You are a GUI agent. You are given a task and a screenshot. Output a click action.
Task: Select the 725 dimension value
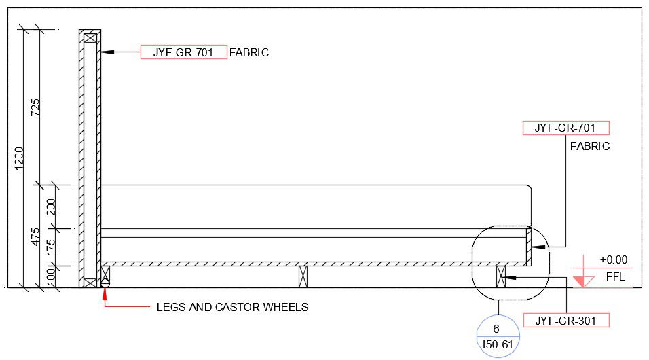[35, 107]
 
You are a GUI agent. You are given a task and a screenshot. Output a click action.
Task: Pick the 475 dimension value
[35, 236]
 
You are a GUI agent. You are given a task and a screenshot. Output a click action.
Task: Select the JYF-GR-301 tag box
[565, 320]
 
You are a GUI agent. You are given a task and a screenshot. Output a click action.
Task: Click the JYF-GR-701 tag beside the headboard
[183, 52]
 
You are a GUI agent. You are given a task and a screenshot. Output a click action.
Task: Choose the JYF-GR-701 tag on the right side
[565, 128]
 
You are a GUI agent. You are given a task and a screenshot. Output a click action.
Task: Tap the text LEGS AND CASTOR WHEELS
[232, 307]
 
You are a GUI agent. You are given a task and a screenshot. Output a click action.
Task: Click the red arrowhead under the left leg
[105, 293]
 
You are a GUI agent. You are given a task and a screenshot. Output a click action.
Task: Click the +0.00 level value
[614, 259]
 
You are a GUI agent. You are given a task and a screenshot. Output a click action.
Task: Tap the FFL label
[615, 277]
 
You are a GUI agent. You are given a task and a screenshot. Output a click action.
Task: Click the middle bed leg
[303, 276]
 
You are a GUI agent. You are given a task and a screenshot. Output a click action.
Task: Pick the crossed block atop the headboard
[90, 38]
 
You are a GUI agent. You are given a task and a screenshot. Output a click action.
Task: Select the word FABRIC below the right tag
[589, 146]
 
